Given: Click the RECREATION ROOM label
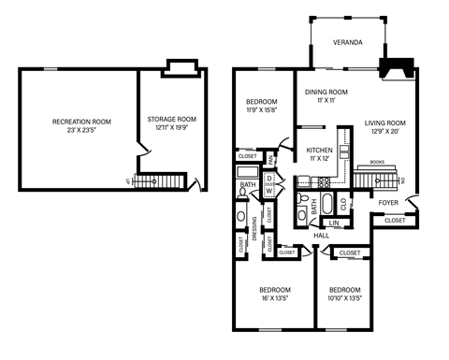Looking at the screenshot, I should click(x=81, y=122).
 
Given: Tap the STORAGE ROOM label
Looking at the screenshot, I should click(x=172, y=120).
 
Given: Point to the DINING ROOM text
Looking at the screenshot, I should click(x=326, y=92).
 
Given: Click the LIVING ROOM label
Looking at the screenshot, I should click(x=384, y=122).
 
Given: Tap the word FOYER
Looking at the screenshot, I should click(x=389, y=201).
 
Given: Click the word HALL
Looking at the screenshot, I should click(x=321, y=235).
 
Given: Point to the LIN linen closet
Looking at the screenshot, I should click(x=335, y=223).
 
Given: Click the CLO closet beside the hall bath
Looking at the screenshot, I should click(x=343, y=201).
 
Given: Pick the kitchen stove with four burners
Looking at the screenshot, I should click(x=304, y=183).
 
